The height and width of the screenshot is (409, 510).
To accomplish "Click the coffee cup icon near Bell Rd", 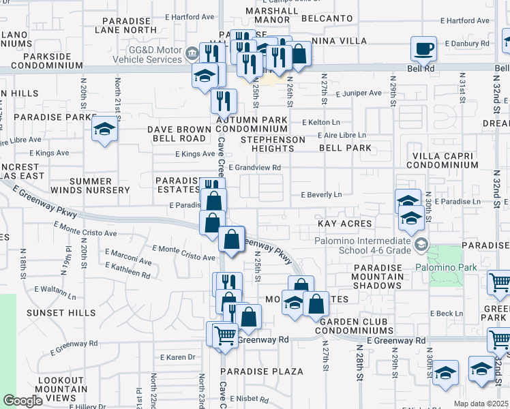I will click(x=424, y=49).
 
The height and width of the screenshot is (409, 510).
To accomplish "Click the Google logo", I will click(x=22, y=401).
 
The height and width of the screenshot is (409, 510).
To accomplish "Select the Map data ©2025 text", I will click(x=481, y=404).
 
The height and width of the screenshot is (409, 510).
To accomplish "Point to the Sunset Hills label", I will click(x=52, y=312).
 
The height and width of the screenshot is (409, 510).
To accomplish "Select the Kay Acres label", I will click(x=344, y=224).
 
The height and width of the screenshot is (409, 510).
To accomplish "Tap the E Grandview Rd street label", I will click(x=255, y=167).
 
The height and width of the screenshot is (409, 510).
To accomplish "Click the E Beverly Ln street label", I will click(x=321, y=194).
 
